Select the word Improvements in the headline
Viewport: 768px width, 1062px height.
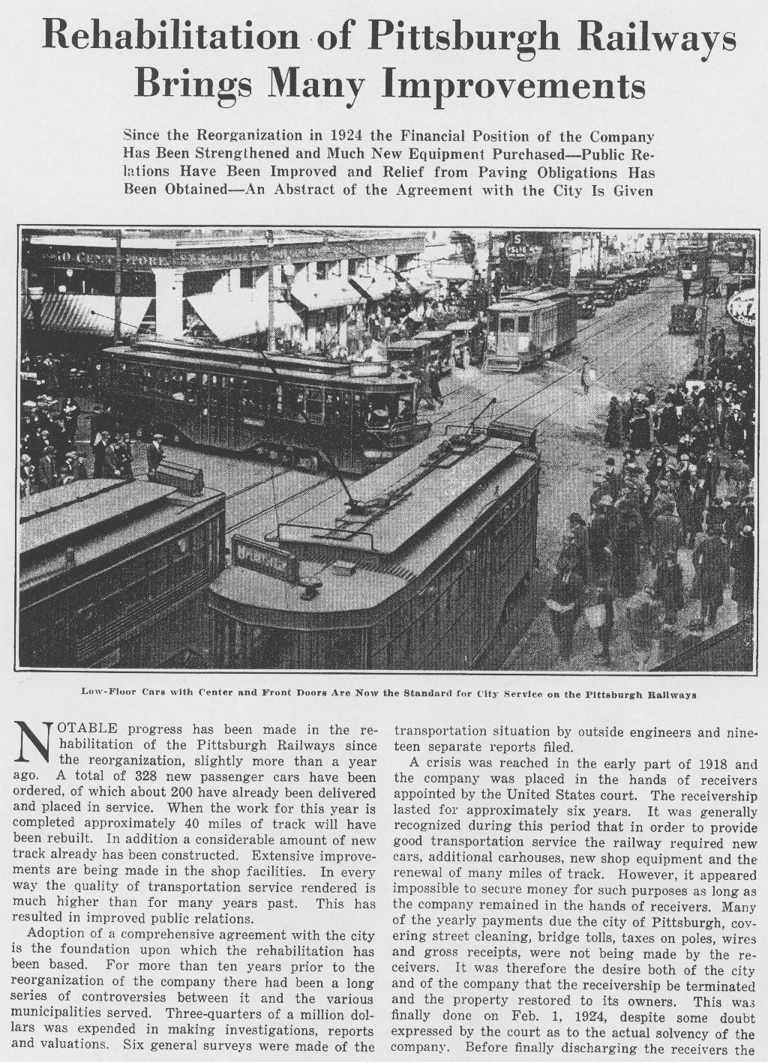point(514,84)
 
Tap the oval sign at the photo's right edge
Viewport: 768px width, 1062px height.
point(742,307)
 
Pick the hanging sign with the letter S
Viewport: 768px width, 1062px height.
point(517,244)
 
